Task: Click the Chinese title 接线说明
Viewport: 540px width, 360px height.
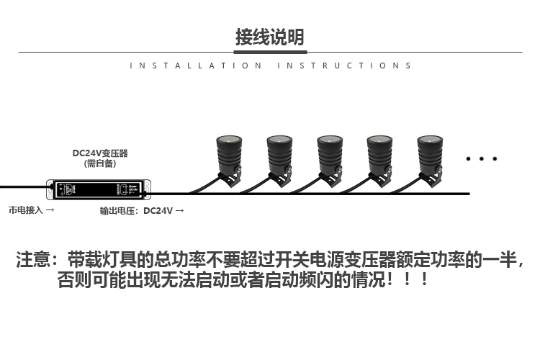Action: pos(269,37)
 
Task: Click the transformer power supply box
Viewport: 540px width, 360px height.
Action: pos(99,189)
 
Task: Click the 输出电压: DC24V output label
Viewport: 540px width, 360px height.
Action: pos(142,211)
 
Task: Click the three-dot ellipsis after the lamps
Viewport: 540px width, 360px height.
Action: pos(482,158)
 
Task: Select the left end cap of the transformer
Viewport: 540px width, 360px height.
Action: pos(51,189)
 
